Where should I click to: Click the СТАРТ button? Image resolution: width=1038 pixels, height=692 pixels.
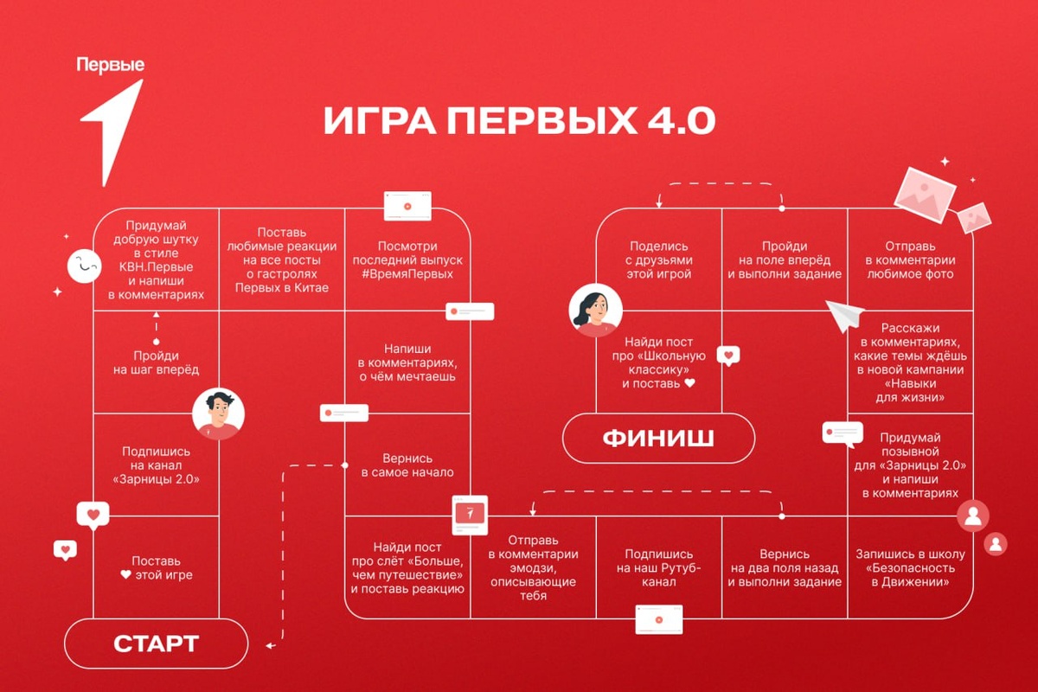point(157,644)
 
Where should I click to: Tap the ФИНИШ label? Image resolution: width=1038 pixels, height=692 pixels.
point(658,439)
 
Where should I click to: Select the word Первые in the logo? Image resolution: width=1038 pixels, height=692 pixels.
point(110,65)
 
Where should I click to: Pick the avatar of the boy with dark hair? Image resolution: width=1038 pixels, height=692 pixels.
point(218,414)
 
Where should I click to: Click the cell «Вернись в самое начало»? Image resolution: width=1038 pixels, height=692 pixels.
point(407,465)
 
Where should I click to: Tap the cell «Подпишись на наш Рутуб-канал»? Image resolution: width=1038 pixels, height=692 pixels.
point(659,567)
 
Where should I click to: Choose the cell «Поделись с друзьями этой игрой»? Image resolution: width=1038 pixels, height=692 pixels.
point(660,260)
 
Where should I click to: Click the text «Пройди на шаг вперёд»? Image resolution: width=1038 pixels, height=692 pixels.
point(156,362)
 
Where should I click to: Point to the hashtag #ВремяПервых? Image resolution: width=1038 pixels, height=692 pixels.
point(407,274)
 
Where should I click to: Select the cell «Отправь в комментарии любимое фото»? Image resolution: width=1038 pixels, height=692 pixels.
point(909,260)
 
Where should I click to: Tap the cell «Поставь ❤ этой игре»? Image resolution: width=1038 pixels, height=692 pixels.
point(156,568)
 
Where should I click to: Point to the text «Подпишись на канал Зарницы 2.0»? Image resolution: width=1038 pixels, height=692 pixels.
point(156,465)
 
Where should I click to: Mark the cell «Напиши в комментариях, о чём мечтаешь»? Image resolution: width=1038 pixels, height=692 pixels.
point(407,362)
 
